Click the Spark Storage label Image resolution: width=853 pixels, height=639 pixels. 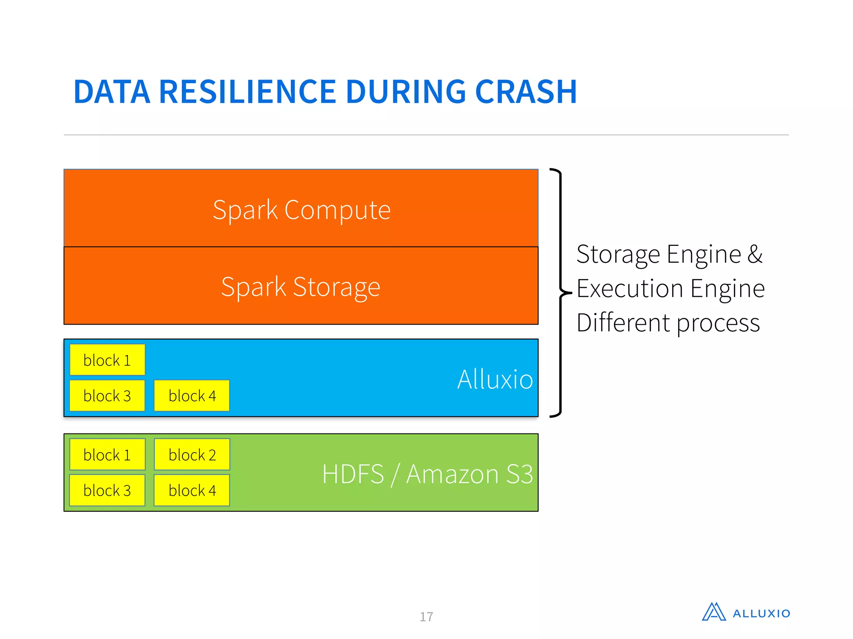point(300,287)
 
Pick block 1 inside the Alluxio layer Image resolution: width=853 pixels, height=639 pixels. point(107,360)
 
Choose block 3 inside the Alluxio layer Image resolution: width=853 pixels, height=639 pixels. point(107,396)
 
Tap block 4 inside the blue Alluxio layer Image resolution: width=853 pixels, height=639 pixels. point(192,396)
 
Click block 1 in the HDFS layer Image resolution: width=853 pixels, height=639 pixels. point(107,455)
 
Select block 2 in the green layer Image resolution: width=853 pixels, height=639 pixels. point(192,455)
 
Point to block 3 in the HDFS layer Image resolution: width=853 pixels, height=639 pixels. point(107,490)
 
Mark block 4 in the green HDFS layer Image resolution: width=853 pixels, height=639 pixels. point(192,490)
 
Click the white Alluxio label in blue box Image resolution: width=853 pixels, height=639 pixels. point(495,379)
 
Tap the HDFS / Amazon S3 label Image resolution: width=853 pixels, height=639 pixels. point(427,474)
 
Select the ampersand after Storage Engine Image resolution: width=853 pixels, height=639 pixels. point(755,254)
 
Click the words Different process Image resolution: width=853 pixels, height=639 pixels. point(668,323)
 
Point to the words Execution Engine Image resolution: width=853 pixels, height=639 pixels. point(671,289)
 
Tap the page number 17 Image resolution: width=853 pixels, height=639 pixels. point(426,617)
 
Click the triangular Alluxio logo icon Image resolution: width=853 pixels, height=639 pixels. point(713,612)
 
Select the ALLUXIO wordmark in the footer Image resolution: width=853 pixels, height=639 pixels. point(761,614)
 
